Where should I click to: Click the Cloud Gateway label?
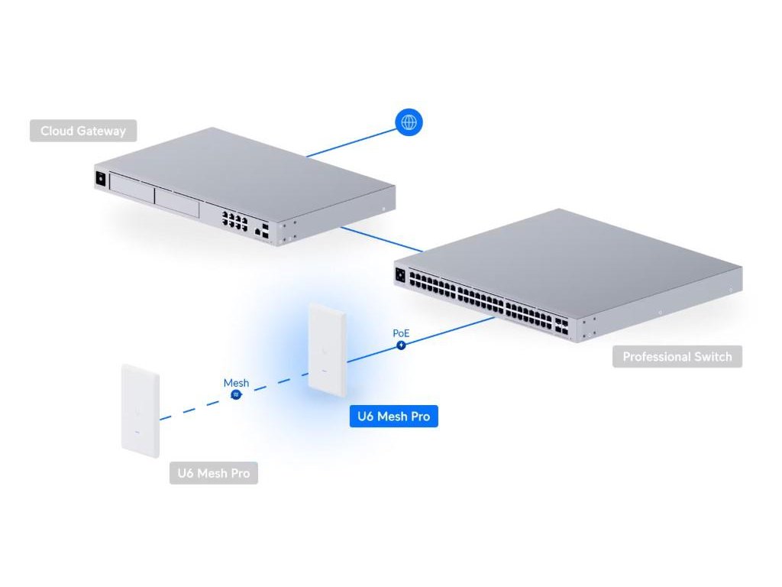tap(83, 131)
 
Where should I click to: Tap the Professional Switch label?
tap(677, 357)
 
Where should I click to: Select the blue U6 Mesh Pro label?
tap(393, 417)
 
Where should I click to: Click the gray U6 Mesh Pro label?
tap(213, 473)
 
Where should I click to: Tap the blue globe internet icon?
tap(409, 123)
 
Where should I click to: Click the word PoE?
tap(401, 333)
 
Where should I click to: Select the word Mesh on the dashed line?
tap(236, 382)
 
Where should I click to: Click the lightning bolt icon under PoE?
tap(402, 345)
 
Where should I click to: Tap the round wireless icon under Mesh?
tap(237, 394)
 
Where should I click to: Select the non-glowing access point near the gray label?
tap(140, 410)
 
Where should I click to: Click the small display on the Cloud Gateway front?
tap(100, 180)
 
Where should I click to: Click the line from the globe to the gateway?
tap(351, 142)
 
